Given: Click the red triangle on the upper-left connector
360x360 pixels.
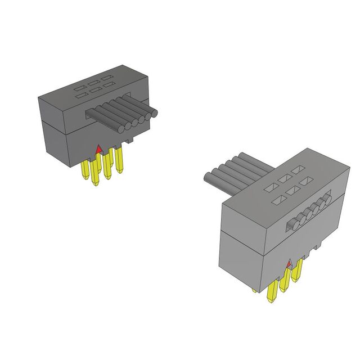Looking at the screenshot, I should (99, 149).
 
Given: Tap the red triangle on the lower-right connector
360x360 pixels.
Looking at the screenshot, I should (289, 263).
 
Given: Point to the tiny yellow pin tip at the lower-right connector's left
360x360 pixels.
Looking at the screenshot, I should (255, 290).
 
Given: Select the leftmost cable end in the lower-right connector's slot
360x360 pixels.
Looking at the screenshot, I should (291, 226).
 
